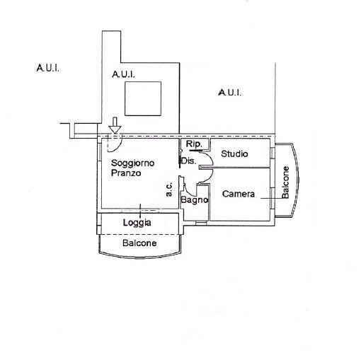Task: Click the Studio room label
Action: [234, 154]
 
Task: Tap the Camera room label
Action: [239, 194]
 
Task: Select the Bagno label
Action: [195, 200]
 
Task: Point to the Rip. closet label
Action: [194, 144]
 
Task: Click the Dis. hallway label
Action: [188, 161]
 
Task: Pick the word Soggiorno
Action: [132, 163]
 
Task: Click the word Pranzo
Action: [126, 173]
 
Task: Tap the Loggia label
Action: [137, 223]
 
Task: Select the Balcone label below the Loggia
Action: [139, 243]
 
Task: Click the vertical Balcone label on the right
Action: [285, 182]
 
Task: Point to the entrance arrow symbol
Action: [115, 126]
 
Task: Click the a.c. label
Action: [169, 190]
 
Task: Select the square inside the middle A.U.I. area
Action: [143, 98]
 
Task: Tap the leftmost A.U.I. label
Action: [47, 68]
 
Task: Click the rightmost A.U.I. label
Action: [229, 93]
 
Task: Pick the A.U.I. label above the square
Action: [123, 74]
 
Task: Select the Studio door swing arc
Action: [211, 157]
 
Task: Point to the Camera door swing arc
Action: [211, 176]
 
